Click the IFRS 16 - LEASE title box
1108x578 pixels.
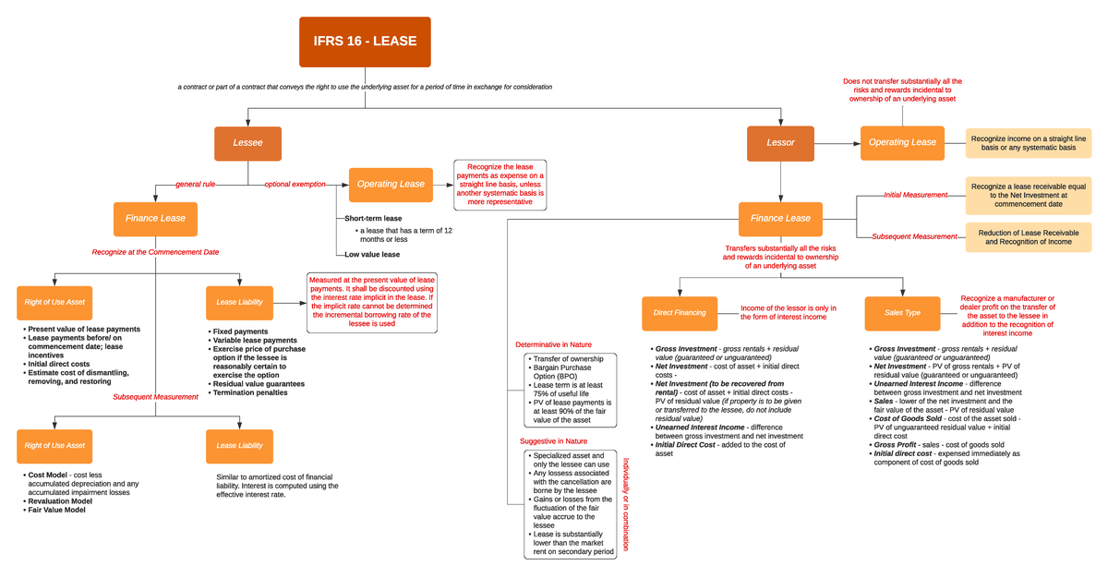coord(365,42)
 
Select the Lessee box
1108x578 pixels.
coord(247,143)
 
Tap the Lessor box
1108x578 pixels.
coord(781,143)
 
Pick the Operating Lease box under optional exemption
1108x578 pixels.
coord(391,184)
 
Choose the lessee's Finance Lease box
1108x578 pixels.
coord(155,219)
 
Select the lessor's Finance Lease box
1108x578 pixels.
coord(780,219)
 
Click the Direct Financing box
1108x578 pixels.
coord(680,313)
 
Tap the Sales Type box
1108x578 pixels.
coord(902,313)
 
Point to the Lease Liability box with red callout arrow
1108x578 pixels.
coord(239,302)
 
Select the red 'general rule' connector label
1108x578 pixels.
coord(196,185)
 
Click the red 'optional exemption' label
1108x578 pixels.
coord(295,185)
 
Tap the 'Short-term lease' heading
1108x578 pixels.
coord(373,218)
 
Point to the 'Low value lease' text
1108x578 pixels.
coord(372,254)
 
